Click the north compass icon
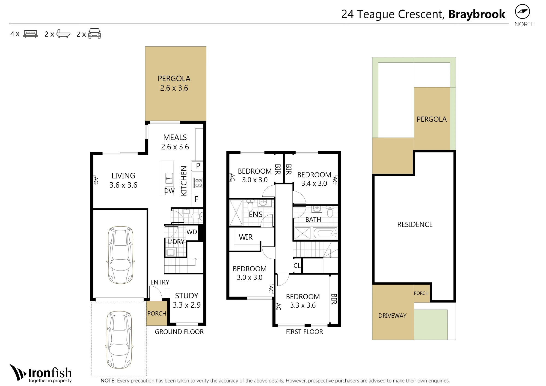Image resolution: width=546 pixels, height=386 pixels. (x=522, y=12)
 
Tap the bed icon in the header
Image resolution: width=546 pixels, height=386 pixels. (x=31, y=34)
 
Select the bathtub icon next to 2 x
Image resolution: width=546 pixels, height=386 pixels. (x=63, y=34)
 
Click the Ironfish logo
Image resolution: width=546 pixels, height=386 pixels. (x=40, y=373)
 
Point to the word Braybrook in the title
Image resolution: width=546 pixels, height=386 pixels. (x=477, y=14)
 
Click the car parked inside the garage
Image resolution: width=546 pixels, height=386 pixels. (x=120, y=255)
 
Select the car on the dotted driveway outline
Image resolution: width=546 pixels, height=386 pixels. (x=119, y=339)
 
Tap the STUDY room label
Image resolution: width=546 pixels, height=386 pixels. (x=187, y=296)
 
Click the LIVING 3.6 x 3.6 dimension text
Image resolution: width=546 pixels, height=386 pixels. (x=123, y=185)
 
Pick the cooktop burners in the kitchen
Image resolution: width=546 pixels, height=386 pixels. (x=198, y=183)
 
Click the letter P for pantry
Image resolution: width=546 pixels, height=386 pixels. (x=198, y=166)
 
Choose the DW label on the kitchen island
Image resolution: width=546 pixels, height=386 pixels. (x=169, y=191)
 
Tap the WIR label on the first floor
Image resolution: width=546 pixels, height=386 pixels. (x=246, y=237)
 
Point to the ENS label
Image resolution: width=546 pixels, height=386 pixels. (x=256, y=215)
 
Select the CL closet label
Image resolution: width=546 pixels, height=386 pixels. (x=297, y=266)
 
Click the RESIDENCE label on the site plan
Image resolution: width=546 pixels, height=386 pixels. (x=415, y=224)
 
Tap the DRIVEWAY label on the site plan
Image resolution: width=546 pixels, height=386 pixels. (x=392, y=316)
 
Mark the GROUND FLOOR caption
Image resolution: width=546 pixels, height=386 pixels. (x=179, y=332)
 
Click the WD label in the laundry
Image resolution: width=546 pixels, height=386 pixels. (x=192, y=232)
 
